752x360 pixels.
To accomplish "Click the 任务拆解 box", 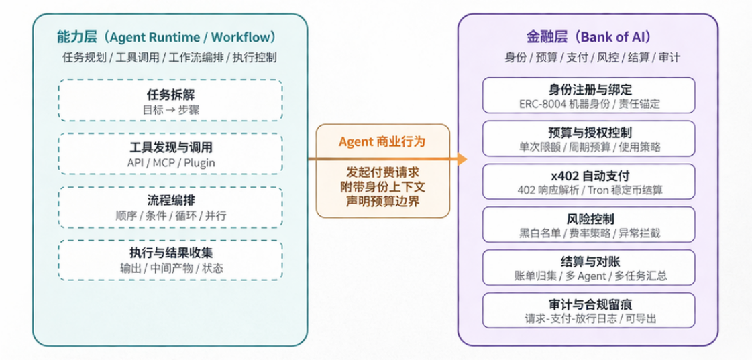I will [x=170, y=101].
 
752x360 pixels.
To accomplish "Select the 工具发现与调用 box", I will [x=170, y=154].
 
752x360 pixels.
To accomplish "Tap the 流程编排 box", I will [x=170, y=207].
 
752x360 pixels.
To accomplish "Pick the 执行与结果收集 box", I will [x=170, y=260].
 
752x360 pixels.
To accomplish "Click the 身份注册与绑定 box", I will [x=589, y=96].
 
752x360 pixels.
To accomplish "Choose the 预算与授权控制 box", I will [x=589, y=139].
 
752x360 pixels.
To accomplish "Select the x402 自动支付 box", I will [x=589, y=182].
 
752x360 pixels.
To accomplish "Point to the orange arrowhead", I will [x=461, y=159].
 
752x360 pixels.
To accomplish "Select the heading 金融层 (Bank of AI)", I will [x=588, y=37].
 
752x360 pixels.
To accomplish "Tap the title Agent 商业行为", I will [x=382, y=142].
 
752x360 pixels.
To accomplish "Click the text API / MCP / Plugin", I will [x=170, y=162].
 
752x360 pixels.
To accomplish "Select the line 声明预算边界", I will [x=382, y=200].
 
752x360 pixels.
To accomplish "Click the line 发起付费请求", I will [x=382, y=171].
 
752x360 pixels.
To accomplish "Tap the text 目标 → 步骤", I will [x=170, y=109].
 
